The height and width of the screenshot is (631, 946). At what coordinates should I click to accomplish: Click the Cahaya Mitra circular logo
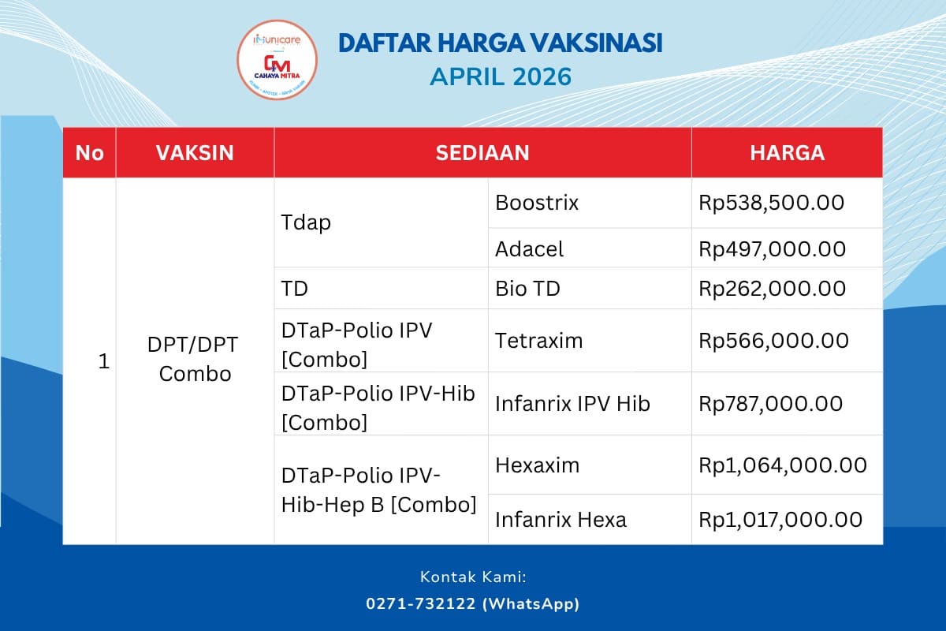pos(277,64)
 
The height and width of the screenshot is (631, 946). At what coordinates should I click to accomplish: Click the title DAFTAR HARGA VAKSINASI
pos(500,43)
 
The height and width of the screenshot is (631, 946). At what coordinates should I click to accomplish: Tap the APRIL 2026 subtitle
pos(500,78)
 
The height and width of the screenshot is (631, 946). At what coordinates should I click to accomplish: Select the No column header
pos(90,152)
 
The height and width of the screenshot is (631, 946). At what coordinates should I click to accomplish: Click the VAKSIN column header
pos(195,152)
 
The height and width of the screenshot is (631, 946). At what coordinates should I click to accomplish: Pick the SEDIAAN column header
pos(482,152)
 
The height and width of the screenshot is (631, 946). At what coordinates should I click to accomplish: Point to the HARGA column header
pos(787,152)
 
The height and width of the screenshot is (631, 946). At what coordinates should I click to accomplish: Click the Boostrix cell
pos(537,203)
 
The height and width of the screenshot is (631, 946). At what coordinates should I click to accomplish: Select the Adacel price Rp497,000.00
pos(773,249)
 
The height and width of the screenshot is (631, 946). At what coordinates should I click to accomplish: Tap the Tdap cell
pos(306,222)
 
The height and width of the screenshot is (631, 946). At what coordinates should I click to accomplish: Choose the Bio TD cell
pos(527,289)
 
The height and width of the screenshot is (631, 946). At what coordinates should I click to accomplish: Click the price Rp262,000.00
pos(773,289)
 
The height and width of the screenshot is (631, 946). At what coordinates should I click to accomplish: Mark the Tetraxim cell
pos(538,341)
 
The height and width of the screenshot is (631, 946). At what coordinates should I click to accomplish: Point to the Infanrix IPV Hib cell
pos(572,404)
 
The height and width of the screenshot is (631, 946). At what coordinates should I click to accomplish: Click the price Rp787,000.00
pos(771,404)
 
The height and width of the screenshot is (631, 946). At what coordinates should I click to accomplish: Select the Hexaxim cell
pos(537,465)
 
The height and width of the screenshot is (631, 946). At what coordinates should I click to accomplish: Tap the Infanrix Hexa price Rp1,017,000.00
pos(780,520)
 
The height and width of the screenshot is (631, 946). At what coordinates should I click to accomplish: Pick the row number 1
pos(103,362)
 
